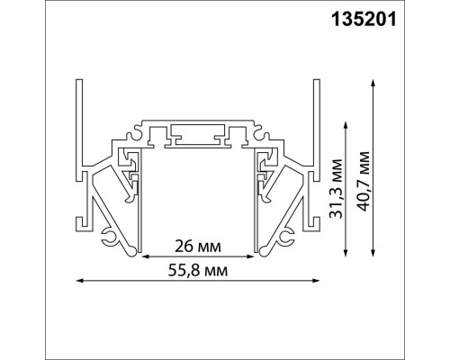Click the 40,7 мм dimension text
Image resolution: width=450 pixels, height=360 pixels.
[363, 180]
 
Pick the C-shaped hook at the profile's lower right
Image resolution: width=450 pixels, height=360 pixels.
[290, 237]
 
